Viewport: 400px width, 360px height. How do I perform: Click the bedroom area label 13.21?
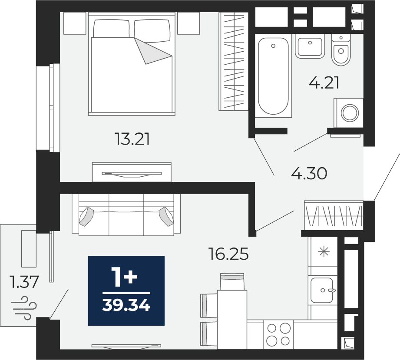tap(132, 139)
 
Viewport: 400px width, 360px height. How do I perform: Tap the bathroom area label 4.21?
tap(324, 83)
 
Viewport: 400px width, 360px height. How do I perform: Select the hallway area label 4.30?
tap(309, 174)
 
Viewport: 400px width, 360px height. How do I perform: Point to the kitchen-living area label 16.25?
tap(228, 254)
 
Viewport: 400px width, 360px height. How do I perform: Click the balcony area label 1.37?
tap(24, 282)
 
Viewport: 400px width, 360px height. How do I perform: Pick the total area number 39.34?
tap(126, 305)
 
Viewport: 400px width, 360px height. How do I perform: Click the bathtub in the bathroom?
tap(273, 76)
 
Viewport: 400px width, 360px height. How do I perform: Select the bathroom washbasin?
tap(310, 46)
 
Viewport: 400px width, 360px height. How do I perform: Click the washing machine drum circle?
tap(350, 113)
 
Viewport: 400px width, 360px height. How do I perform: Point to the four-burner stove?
tap(278, 334)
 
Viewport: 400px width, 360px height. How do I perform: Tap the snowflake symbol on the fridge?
tap(323, 252)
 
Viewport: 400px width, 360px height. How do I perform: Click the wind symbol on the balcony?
tap(24, 308)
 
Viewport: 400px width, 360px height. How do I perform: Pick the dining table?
tap(232, 320)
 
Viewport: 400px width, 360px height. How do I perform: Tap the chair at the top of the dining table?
tap(232, 281)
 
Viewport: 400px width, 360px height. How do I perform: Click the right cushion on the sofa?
tap(166, 216)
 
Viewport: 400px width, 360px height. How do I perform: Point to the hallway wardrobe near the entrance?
tap(334, 215)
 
